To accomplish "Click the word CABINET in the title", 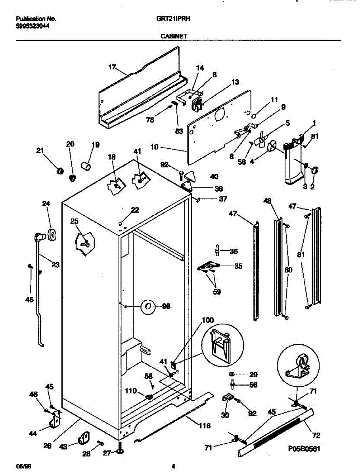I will tap(174, 35).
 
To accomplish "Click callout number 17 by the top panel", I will tap(112, 67).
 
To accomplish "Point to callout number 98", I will tap(166, 306).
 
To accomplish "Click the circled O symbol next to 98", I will tap(147, 306).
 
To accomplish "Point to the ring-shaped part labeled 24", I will tap(52, 234).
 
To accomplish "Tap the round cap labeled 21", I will tap(61, 171).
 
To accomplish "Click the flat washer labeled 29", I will tap(232, 374).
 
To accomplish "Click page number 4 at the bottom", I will tap(173, 466).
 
